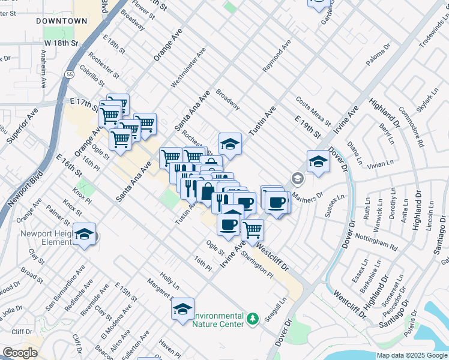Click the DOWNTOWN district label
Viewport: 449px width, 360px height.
point(62,21)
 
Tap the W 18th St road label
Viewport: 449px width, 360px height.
point(61,44)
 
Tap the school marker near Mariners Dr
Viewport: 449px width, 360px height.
point(318,161)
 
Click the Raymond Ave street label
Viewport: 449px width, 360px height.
point(277,57)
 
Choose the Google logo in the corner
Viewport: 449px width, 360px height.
point(20,353)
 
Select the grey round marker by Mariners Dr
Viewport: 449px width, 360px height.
point(297,178)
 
